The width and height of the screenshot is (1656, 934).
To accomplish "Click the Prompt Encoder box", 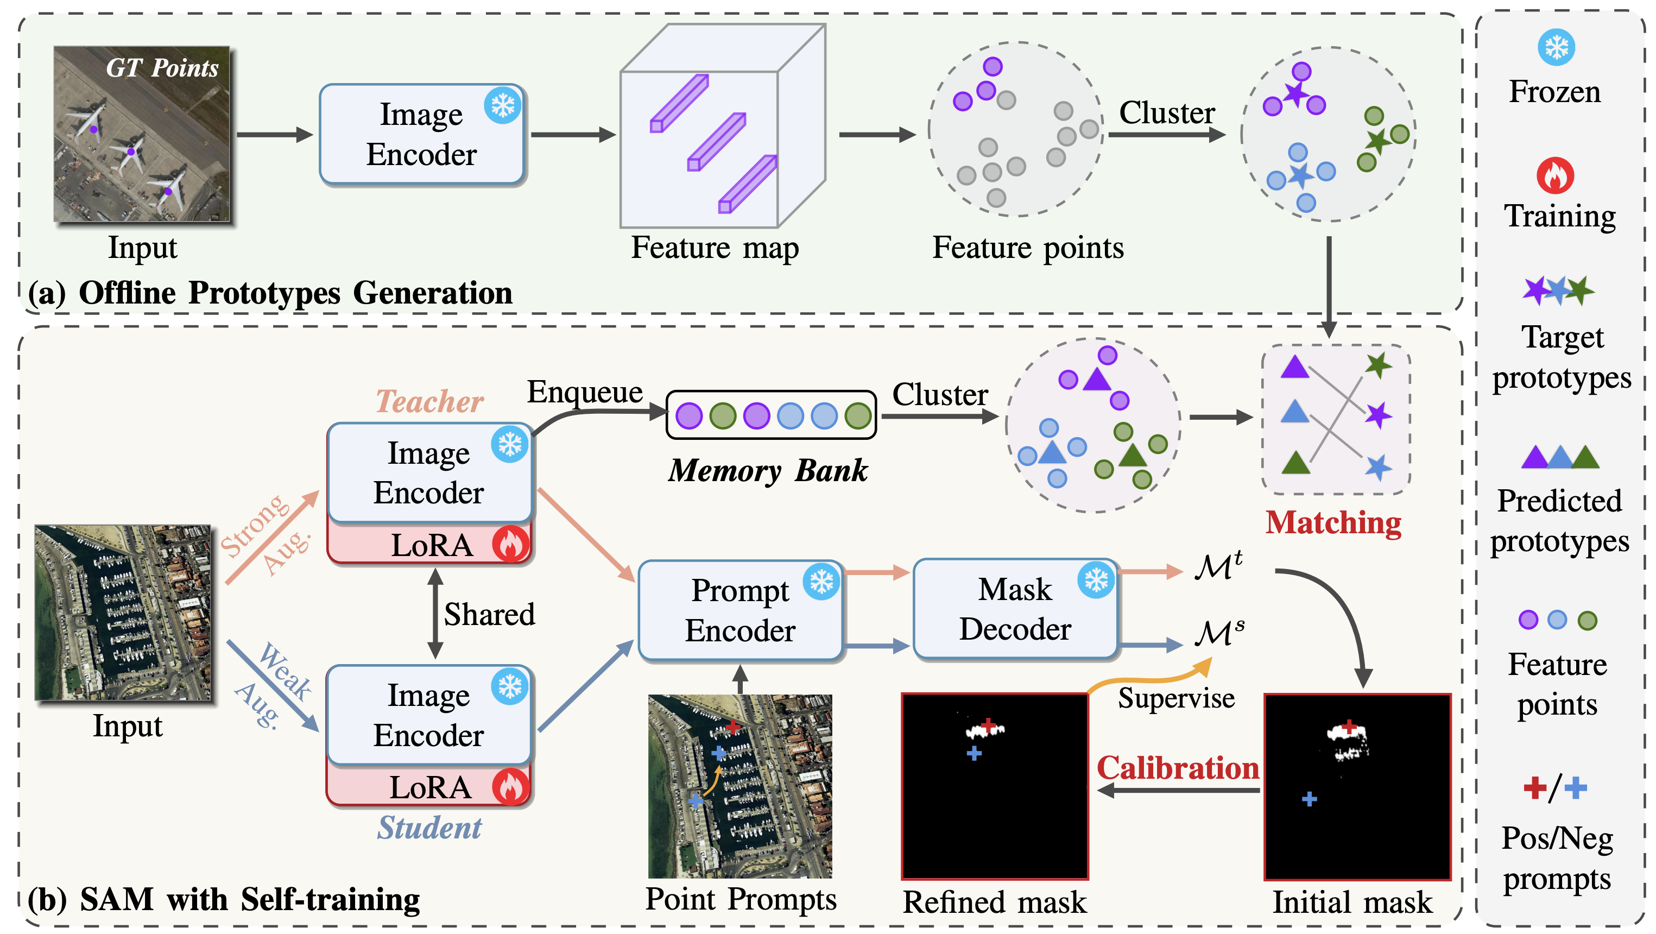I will (x=739, y=610).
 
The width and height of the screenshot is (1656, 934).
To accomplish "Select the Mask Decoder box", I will (x=1014, y=609).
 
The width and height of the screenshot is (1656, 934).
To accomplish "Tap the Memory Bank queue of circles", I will (x=772, y=415).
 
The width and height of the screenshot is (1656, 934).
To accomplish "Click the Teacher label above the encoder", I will (x=429, y=402).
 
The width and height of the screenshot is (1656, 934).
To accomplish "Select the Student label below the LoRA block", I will (x=429, y=827).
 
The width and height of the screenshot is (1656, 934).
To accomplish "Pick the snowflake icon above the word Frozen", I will (x=1556, y=47).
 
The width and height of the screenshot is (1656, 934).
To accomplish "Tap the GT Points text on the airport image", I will (x=162, y=68).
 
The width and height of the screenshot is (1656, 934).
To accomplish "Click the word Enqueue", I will (x=584, y=392).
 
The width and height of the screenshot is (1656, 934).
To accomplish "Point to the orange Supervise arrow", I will (x=1151, y=677).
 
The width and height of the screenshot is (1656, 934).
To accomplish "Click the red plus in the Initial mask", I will (x=1349, y=727).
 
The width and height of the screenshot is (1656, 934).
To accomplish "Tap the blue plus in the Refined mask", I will (x=974, y=753).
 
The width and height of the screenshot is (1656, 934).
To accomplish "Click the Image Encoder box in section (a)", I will (x=422, y=134).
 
